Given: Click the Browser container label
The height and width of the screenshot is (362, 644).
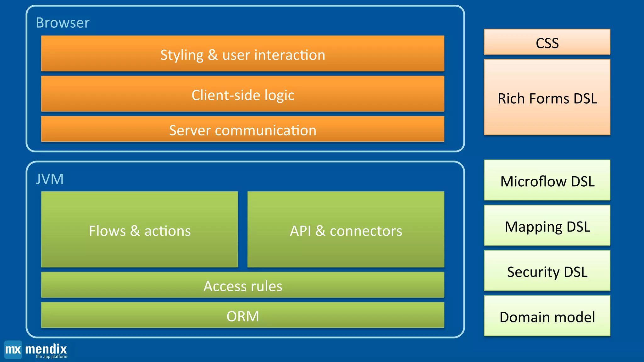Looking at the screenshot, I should click(x=63, y=23).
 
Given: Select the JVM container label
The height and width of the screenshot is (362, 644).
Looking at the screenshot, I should click(x=50, y=179).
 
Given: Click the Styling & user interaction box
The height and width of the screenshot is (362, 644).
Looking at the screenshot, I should click(x=242, y=54).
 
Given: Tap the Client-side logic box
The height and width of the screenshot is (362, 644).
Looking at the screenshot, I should click(x=242, y=94).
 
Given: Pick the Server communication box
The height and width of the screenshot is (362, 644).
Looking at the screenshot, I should click(x=242, y=129).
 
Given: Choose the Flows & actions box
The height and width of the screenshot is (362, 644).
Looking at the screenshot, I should click(x=139, y=230).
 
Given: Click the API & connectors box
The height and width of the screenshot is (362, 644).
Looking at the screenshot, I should click(x=346, y=230).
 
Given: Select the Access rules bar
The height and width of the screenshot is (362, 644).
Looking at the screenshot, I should click(x=242, y=285).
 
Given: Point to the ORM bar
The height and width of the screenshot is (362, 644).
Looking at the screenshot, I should click(x=242, y=315).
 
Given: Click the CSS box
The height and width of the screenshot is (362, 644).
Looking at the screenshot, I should click(x=547, y=42).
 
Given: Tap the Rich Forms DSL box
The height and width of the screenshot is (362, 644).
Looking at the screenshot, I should click(x=547, y=97).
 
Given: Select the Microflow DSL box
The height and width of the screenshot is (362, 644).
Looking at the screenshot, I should click(x=547, y=180).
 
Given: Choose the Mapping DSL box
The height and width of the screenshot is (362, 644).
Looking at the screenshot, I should click(x=547, y=226).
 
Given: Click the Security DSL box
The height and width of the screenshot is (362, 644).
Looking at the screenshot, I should click(x=547, y=271).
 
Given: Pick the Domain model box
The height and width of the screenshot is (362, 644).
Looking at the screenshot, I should click(x=547, y=316).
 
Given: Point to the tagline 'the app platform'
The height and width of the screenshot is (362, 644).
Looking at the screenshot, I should click(x=51, y=357).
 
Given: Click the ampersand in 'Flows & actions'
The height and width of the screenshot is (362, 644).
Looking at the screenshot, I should click(x=135, y=231).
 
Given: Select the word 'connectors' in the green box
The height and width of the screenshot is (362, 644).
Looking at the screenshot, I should click(x=366, y=231).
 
